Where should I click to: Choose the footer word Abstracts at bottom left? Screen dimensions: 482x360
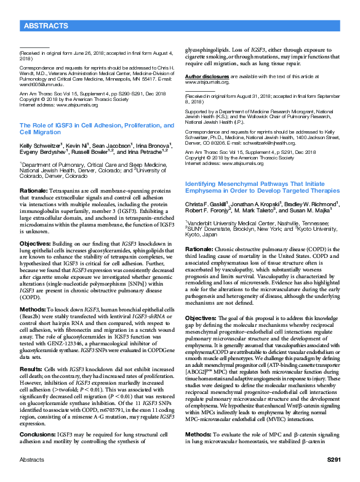pyautogui.click(x=31, y=477)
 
